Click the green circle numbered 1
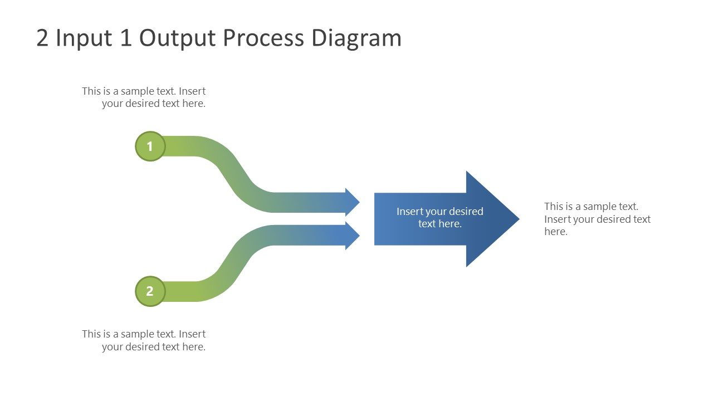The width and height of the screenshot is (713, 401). pyautogui.click(x=150, y=146)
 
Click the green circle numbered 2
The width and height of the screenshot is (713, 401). pyautogui.click(x=150, y=291)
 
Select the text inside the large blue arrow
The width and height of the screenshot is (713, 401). pyautogui.click(x=439, y=218)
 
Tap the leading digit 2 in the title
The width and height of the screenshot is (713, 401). pyautogui.click(x=42, y=38)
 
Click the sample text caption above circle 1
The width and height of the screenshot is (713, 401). pyautogui.click(x=144, y=97)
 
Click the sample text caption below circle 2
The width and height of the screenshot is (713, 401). pyautogui.click(x=144, y=340)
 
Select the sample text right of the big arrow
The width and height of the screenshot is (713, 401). pyautogui.click(x=597, y=219)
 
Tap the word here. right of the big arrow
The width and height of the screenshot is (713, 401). pyautogui.click(x=556, y=232)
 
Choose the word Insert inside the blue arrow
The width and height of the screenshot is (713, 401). pyautogui.click(x=409, y=212)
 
